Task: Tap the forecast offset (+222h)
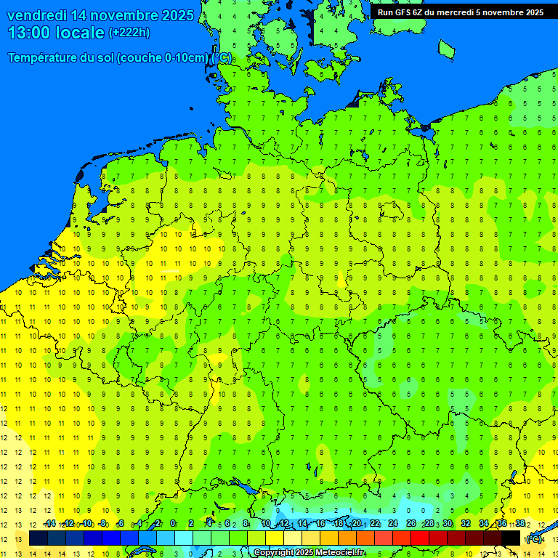point(129,33)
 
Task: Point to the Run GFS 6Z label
point(399,12)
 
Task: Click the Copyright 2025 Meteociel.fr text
point(309,553)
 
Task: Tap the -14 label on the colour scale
point(49,523)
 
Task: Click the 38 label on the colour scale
point(520,523)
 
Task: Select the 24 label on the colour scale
point(393,523)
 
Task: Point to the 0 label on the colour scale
point(173,523)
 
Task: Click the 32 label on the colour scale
point(466,523)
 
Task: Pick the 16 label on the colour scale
point(320,523)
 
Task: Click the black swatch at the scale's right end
point(511,538)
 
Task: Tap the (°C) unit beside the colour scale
point(534,538)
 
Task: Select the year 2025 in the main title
point(177,15)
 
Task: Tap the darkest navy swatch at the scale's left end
point(39,538)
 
